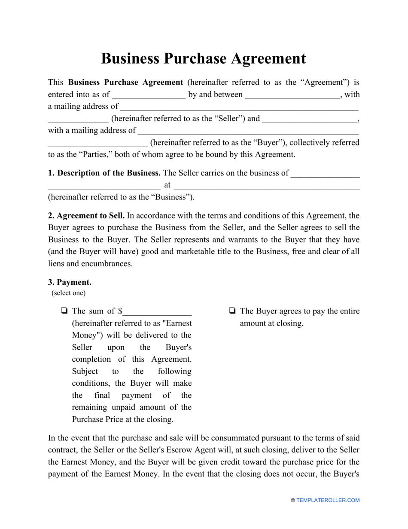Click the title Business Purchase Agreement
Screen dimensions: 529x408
204,58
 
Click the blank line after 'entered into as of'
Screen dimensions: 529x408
149,95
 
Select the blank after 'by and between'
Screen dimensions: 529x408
292,95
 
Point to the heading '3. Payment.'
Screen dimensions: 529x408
70,283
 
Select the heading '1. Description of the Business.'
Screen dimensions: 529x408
104,173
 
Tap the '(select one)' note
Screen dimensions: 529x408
69,293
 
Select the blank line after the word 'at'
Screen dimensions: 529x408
266,186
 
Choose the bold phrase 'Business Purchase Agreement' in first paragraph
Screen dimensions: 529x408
126,83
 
